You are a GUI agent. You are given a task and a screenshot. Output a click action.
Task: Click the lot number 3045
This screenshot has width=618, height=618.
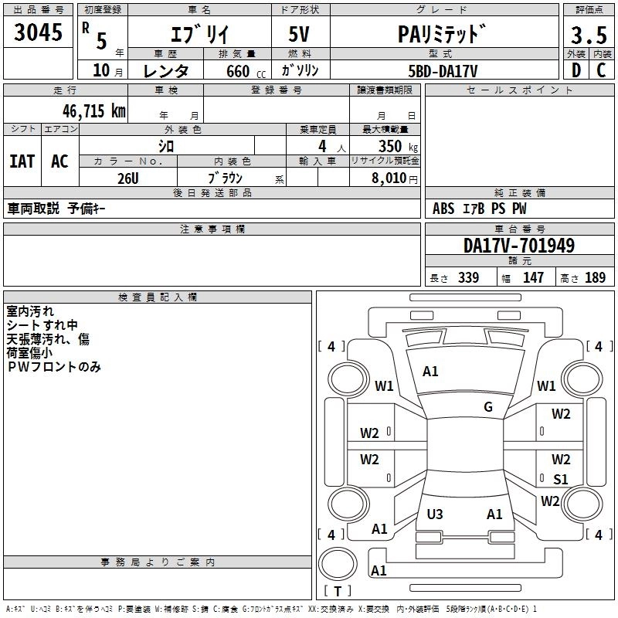tap(38, 32)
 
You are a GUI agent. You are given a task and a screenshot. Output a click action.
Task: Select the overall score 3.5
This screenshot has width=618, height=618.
tap(589, 35)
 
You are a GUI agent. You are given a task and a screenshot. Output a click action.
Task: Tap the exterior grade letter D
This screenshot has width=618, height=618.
tap(576, 70)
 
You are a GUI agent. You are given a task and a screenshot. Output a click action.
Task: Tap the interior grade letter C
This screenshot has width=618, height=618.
tap(601, 70)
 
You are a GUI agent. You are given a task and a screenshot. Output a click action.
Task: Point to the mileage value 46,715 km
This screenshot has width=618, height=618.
tap(93, 111)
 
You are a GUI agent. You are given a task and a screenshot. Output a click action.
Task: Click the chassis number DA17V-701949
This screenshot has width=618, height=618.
tap(519, 246)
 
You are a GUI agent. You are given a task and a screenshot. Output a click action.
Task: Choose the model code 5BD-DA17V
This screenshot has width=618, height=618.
tap(443, 71)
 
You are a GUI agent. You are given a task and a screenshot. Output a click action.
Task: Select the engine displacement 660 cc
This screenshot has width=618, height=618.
tap(246, 71)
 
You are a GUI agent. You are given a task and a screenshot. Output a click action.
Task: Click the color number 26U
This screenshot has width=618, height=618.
tap(128, 178)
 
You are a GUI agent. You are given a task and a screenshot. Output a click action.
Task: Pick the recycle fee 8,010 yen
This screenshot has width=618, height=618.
tap(395, 178)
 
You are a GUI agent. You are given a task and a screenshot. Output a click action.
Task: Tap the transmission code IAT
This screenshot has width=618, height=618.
tap(22, 161)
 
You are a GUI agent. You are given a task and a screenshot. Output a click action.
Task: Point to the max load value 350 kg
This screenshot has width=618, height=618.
tap(398, 146)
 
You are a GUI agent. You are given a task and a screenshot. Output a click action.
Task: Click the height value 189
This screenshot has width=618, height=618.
tap(595, 277)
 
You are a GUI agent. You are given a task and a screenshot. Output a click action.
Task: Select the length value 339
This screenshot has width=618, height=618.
tap(468, 277)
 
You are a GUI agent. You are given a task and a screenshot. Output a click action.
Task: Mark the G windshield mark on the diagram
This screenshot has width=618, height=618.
tap(488, 407)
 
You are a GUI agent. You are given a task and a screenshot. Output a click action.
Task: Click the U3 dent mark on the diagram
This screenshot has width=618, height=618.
tap(435, 514)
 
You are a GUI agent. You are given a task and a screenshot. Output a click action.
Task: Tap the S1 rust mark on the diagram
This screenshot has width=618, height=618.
tap(561, 479)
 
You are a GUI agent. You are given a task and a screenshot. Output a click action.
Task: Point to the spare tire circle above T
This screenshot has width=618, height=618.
tap(338, 564)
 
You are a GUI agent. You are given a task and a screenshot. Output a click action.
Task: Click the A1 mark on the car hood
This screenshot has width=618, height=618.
tap(430, 372)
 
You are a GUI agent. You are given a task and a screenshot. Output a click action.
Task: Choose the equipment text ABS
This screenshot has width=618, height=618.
tap(443, 209)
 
